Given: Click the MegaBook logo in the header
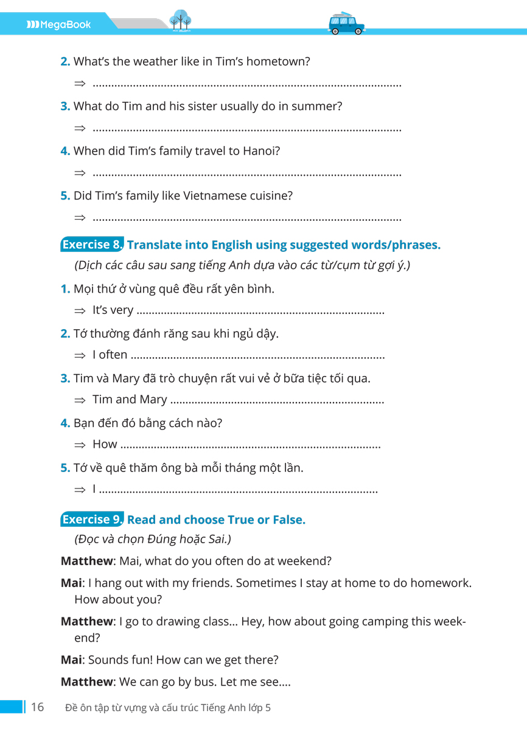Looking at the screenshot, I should coord(58,25).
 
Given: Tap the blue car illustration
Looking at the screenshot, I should coord(346,24).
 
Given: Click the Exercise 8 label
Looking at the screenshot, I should coord(92,245).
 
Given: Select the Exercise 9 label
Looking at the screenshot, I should coord(92,520).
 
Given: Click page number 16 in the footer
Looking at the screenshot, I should coord(37,707).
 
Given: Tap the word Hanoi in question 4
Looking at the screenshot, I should coord(260,151).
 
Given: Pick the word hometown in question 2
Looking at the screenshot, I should coord(281,61).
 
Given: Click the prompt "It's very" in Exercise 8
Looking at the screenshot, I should coord(113,310).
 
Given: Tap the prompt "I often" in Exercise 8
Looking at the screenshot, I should coord(110,355).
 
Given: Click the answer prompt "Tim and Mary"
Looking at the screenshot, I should coord(130,400).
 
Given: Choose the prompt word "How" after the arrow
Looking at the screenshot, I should coord(105,444).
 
